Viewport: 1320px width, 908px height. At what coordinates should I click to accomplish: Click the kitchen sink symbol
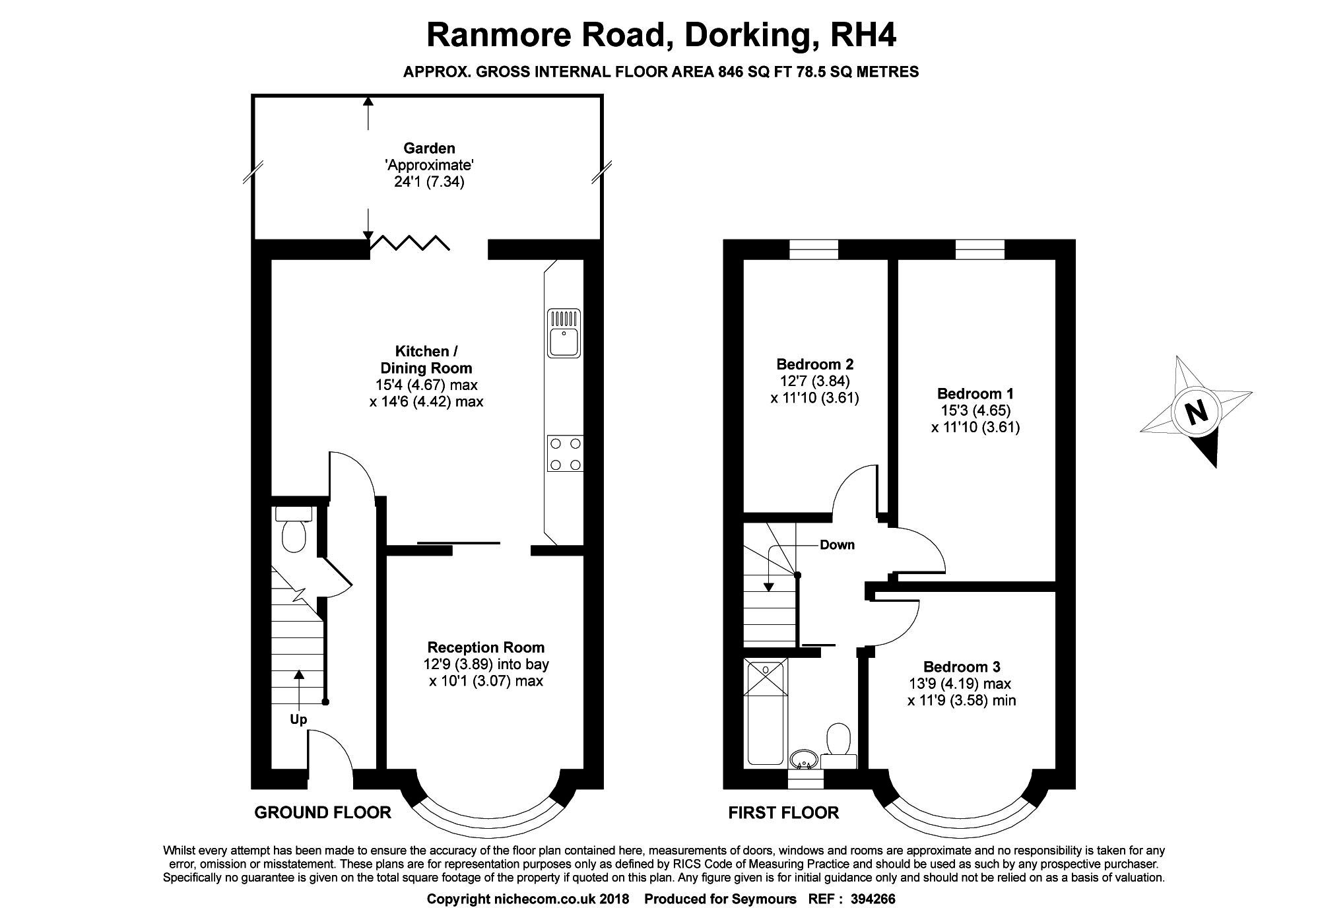click(564, 333)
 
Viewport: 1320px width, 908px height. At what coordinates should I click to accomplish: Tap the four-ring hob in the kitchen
click(566, 453)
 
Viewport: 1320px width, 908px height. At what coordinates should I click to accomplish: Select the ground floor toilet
click(294, 529)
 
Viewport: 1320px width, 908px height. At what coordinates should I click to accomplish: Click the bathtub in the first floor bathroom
click(766, 713)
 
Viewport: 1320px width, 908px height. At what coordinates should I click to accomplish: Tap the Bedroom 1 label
click(975, 394)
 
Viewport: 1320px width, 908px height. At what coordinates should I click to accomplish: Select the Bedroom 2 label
click(814, 364)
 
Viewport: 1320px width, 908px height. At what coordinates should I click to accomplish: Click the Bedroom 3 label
click(962, 667)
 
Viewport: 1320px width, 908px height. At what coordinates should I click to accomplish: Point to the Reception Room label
click(486, 647)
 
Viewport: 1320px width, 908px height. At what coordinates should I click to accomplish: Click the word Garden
click(429, 148)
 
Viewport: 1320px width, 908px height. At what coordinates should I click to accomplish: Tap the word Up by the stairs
click(298, 720)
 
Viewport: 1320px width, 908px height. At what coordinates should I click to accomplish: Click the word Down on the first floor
click(837, 545)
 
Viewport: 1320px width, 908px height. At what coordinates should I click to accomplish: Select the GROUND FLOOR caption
click(323, 812)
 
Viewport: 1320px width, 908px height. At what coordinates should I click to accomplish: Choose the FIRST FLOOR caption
click(783, 812)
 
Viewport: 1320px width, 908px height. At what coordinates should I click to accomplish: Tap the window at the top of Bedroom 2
click(814, 249)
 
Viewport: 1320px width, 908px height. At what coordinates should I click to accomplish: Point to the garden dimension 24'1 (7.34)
click(429, 181)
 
